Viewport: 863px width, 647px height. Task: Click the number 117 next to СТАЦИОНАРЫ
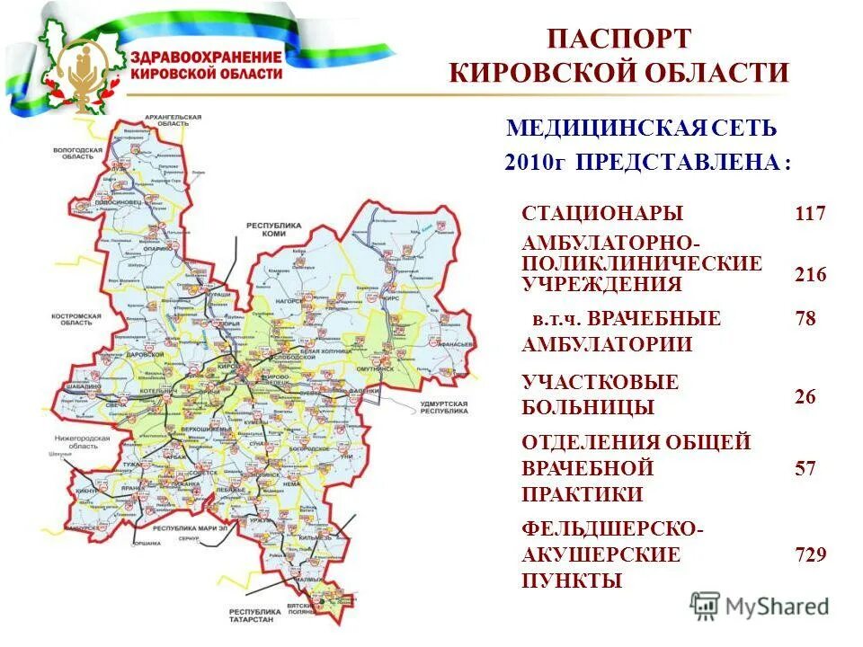click(x=809, y=214)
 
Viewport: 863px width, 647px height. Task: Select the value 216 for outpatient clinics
click(x=809, y=275)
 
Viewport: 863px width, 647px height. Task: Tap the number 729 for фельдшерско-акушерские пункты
click(x=809, y=554)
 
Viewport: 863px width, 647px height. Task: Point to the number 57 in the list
click(x=805, y=468)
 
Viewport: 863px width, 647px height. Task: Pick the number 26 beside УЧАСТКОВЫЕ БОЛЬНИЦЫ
click(x=805, y=396)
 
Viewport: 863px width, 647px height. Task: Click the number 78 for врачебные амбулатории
click(x=805, y=319)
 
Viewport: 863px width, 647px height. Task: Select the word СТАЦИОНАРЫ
click(x=602, y=214)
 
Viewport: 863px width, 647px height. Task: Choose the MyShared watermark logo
click(x=760, y=606)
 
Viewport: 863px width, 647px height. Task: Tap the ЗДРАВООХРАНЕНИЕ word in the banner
click(x=206, y=57)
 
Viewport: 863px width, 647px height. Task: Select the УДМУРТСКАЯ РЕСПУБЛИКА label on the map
click(x=444, y=408)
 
